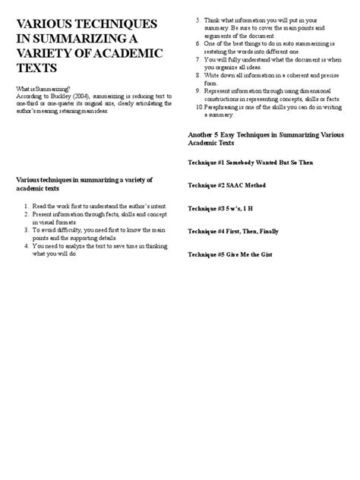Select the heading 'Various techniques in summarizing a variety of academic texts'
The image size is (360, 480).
tap(84, 183)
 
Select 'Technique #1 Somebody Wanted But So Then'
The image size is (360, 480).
tap(250, 163)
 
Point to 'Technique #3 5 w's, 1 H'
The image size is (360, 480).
tap(223, 207)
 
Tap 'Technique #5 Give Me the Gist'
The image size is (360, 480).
tap(232, 254)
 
